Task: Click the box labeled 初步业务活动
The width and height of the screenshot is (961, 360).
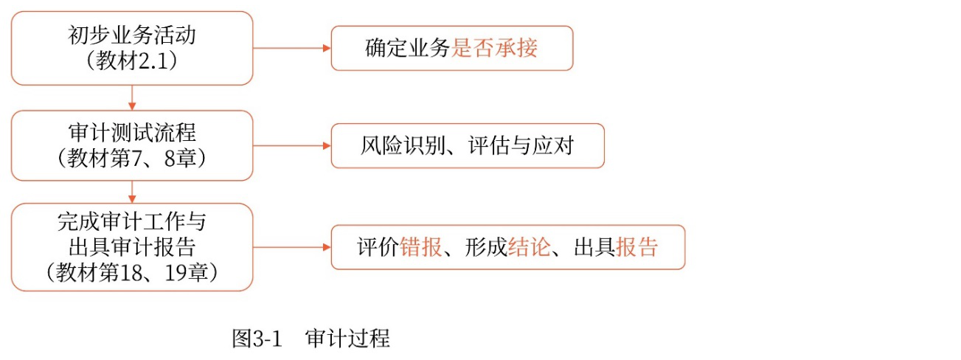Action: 132,37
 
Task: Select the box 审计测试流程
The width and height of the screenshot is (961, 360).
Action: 132,135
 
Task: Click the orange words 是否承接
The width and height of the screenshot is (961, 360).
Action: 495,49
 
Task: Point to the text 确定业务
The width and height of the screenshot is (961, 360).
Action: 408,49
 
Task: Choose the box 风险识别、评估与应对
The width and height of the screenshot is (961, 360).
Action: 468,146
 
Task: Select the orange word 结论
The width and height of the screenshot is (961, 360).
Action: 529,247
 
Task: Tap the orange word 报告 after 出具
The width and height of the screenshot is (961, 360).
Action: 636,247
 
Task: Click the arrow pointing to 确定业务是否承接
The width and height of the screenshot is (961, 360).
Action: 291,49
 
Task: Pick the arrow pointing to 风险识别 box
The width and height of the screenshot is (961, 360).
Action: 291,146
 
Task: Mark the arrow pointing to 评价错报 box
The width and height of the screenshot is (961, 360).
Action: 291,247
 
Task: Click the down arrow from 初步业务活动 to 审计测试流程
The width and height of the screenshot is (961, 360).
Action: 132,97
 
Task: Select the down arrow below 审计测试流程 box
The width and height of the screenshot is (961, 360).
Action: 132,192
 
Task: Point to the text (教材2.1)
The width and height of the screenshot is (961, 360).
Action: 132,61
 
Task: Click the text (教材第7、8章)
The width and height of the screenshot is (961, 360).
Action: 132,158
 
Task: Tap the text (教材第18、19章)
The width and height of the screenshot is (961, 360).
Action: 132,271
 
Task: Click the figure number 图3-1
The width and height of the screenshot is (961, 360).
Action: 257,339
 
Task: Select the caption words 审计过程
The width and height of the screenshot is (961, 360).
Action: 347,339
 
